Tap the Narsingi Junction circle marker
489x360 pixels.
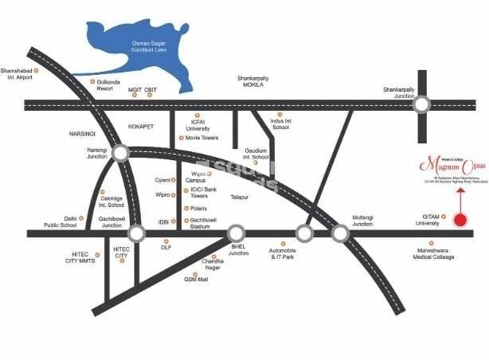(120, 153)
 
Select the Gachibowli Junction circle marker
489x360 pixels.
(137, 234)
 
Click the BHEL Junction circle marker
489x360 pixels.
(237, 234)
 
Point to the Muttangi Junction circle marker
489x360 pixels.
(340, 234)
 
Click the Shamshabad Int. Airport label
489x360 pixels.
(21, 73)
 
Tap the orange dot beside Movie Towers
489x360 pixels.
(182, 138)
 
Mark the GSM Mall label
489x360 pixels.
(195, 280)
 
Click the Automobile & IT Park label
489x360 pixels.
(283, 255)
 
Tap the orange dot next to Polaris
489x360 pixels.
(186, 208)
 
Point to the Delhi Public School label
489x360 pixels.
(60, 221)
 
